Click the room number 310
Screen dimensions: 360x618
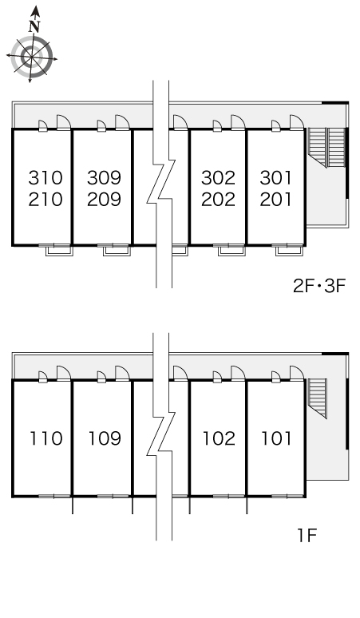45,178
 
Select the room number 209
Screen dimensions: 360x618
104,200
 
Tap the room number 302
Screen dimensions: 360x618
218,178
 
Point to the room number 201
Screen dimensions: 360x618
275,200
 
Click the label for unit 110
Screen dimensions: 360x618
46,438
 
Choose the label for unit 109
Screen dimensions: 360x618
105,438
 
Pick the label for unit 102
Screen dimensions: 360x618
219,438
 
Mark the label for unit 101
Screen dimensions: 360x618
276,438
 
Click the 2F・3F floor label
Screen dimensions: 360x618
318,286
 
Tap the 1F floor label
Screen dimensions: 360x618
307,536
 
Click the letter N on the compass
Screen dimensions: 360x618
34,26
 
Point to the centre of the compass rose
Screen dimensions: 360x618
31,57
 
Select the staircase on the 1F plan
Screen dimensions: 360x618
317,398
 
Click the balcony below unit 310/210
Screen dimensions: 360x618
59,250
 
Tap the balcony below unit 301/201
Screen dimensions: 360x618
289,250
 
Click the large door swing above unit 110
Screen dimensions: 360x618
63,373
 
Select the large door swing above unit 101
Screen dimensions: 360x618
297,373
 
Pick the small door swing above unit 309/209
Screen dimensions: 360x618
101,125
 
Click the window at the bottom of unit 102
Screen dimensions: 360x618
229,496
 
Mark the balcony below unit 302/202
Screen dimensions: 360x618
231,250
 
